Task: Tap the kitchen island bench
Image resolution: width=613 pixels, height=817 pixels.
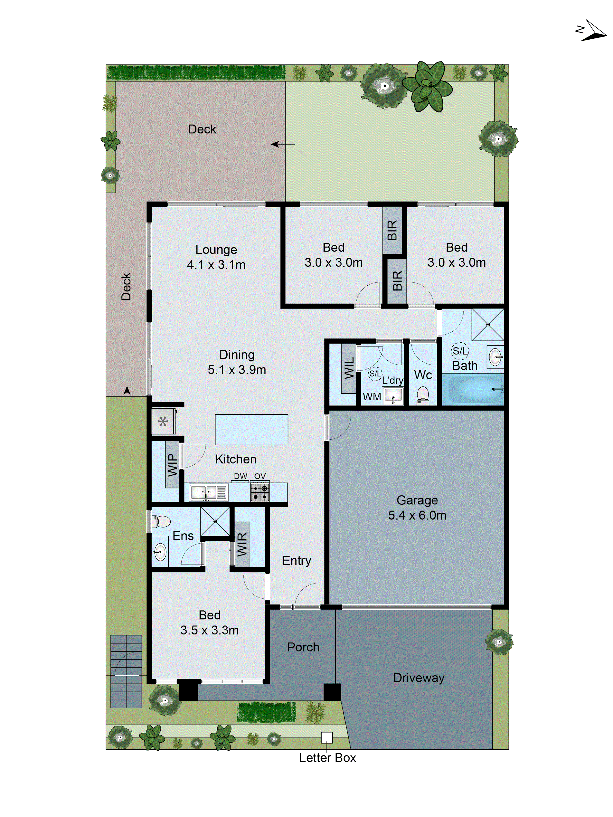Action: pos(251,429)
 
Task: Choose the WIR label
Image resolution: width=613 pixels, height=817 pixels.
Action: pos(242,544)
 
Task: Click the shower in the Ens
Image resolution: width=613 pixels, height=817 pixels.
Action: pos(215,521)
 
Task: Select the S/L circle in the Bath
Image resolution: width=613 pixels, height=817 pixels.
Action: pos(460,351)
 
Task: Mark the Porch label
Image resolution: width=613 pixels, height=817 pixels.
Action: pos(303,647)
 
